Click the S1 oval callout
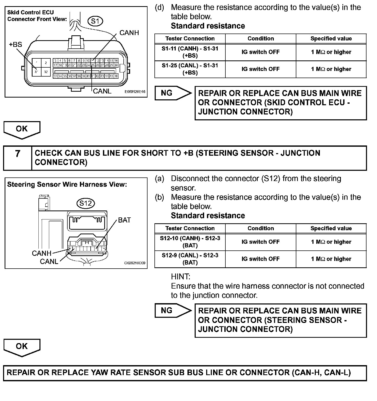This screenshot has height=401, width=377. [x=95, y=21]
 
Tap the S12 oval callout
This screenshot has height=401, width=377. [x=86, y=203]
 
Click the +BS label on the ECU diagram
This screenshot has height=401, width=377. [x=16, y=45]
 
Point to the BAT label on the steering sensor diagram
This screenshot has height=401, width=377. [x=124, y=220]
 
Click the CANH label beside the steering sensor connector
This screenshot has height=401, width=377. [x=42, y=253]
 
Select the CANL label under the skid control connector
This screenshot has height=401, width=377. [x=102, y=91]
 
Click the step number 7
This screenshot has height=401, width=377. [x=17, y=154]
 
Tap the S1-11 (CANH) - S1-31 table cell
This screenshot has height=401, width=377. [x=190, y=52]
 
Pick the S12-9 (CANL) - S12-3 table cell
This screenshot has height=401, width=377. [x=190, y=259]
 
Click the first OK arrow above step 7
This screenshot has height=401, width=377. [x=22, y=129]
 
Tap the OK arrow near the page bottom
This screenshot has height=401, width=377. [x=22, y=347]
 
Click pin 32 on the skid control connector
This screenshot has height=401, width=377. [x=46, y=72]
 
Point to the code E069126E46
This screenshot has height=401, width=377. [x=135, y=91]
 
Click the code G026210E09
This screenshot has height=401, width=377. [x=135, y=263]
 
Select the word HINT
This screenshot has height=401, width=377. [x=181, y=277]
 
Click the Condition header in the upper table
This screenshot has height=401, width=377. [x=261, y=39]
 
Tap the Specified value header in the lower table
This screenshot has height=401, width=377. [x=331, y=228]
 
